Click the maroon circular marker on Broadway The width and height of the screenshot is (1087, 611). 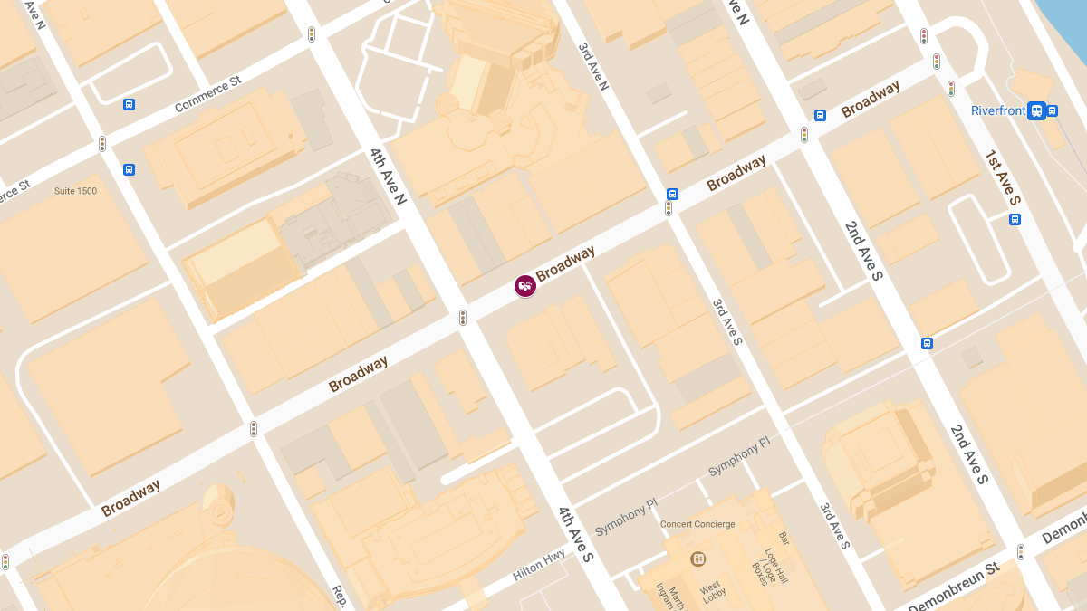click(524, 286)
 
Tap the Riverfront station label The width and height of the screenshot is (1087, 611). click(998, 111)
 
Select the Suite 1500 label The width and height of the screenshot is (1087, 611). click(75, 191)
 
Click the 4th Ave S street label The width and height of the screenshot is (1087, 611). click(575, 535)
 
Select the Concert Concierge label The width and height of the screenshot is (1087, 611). click(697, 524)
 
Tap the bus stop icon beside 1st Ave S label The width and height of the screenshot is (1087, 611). click(1015, 219)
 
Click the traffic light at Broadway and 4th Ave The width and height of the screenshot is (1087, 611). click(463, 317)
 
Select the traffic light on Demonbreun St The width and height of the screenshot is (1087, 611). click(1021, 551)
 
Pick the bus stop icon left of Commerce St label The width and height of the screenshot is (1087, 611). click(130, 104)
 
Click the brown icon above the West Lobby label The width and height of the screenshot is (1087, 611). click(697, 558)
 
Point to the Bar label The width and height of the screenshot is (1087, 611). click(784, 539)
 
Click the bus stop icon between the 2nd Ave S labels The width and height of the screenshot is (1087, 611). click(927, 343)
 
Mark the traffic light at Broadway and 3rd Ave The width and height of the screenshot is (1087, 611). click(669, 208)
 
